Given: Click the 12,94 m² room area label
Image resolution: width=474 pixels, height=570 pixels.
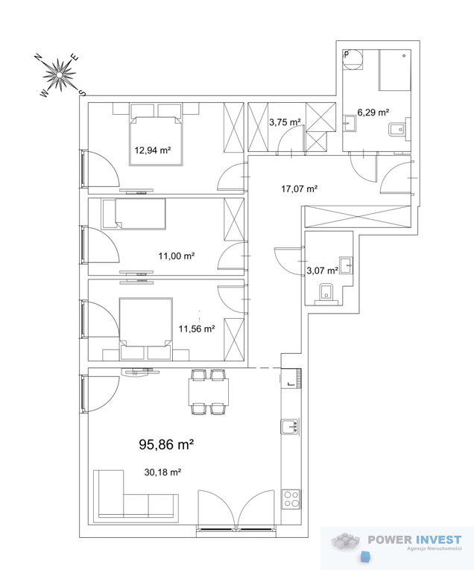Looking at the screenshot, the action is coord(153,150).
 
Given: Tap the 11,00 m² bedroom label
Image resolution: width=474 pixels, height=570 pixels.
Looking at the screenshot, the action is coord(177,256).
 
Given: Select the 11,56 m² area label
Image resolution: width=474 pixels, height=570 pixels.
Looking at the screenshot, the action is coord(197,329).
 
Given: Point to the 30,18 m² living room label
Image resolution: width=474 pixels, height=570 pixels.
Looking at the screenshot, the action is coord(163,472).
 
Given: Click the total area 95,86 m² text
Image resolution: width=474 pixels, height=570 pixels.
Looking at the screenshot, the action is coord(166,444).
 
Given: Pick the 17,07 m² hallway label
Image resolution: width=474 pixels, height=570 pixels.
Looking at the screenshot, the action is coord(300,189).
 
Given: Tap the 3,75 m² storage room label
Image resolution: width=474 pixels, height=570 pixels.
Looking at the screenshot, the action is coord(285,122).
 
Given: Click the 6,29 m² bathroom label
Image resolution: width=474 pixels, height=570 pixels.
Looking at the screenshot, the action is coord(373,113).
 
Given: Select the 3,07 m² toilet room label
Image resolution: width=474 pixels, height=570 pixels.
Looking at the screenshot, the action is coord(323,270).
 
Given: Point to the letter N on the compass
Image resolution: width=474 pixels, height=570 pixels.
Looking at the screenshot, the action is coord(37,57).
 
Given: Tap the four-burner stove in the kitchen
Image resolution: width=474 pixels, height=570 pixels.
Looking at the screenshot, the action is coord(291,498).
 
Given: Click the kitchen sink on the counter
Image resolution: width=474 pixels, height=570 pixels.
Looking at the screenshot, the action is coord(290,426).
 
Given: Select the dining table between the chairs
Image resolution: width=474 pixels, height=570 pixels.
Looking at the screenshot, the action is coord(209,392).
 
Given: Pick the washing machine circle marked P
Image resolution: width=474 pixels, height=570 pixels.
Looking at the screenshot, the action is coord(353,60).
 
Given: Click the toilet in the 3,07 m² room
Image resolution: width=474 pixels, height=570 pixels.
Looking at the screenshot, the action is coord(326,294).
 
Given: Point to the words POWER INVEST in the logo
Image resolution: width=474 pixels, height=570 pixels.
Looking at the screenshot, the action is coord(414,540).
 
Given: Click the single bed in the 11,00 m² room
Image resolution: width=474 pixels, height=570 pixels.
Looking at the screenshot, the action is coord(133,214).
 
